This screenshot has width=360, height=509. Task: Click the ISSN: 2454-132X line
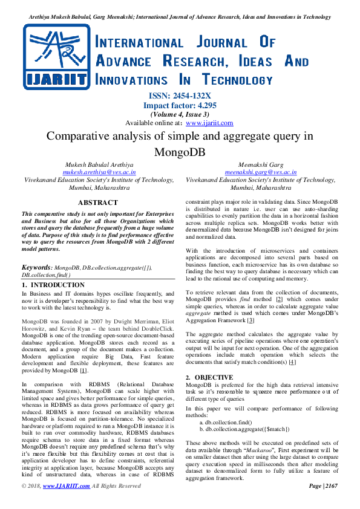point(180,96)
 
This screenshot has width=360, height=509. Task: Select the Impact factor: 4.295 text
point(180,105)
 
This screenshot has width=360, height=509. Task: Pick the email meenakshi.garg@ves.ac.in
point(260,172)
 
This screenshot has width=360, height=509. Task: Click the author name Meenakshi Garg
point(260,164)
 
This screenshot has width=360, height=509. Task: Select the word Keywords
point(36,267)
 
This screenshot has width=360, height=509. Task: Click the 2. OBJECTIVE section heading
point(209,377)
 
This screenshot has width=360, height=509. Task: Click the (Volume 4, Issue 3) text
point(180,114)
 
